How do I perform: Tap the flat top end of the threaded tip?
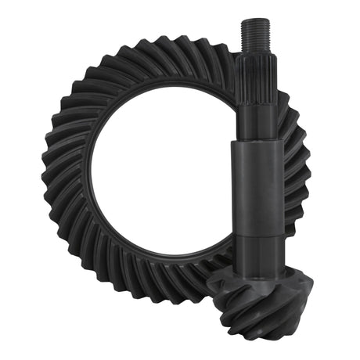[x=253, y=20]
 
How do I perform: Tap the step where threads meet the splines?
[x=253, y=47]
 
